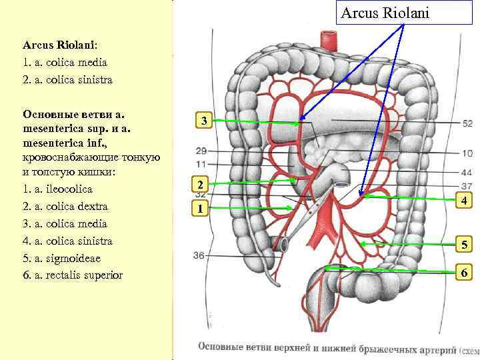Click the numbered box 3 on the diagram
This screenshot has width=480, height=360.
pyautogui.click(x=205, y=121)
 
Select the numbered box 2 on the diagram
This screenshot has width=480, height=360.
pyautogui.click(x=198, y=184)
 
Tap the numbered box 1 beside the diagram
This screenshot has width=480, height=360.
pyautogui.click(x=198, y=209)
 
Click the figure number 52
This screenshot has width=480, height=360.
pyautogui.click(x=467, y=123)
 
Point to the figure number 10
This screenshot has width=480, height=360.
pyautogui.click(x=467, y=153)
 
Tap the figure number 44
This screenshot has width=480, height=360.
pyautogui.click(x=467, y=171)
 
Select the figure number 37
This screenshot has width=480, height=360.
pyautogui.click(x=467, y=185)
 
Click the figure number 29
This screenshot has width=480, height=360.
pyautogui.click(x=201, y=151)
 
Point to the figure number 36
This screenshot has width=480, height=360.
pyautogui.click(x=199, y=255)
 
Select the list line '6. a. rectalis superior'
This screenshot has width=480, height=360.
pyautogui.click(x=73, y=275)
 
